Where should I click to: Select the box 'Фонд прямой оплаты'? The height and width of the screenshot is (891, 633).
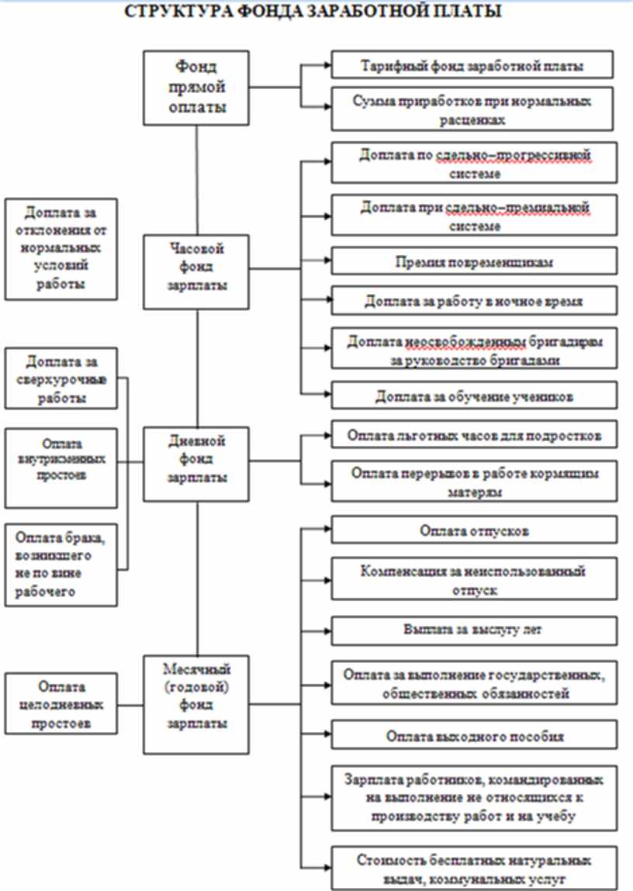(198, 88)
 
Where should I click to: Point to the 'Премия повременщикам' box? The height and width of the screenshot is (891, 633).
(472, 262)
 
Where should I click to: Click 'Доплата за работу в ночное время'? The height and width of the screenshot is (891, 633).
(472, 301)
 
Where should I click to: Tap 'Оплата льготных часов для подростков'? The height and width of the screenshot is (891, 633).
(472, 433)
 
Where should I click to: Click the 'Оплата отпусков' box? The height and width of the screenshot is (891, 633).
(472, 530)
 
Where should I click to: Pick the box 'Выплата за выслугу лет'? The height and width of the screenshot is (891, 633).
(472, 630)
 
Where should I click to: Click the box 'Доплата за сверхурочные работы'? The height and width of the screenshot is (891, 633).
(61, 379)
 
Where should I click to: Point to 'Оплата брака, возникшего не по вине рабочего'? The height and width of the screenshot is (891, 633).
(61, 565)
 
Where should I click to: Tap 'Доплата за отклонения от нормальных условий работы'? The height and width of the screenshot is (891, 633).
(61, 249)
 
